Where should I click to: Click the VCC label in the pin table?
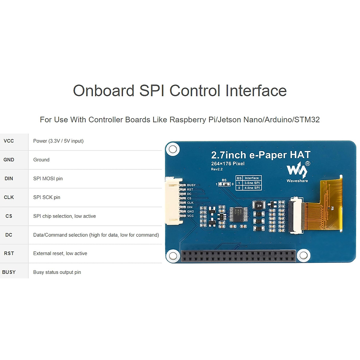[x=9, y=141]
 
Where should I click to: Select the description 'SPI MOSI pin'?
[x=48, y=178]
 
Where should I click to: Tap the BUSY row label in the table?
[x=9, y=272]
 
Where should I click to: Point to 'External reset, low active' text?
[x=60, y=253]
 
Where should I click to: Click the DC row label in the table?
[x=9, y=235]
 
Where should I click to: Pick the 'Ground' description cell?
[x=41, y=160]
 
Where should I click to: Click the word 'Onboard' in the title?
[x=103, y=91]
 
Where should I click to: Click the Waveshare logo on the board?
[x=297, y=171]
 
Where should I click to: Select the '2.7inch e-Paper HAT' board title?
[x=261, y=155]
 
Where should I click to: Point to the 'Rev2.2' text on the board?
[x=217, y=169]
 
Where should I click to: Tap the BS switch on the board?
[x=224, y=184]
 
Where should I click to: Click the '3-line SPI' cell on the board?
[x=252, y=183]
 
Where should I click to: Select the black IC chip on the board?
[x=239, y=214]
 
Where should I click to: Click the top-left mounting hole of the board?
[x=173, y=149]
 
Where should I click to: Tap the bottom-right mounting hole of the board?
[x=303, y=256]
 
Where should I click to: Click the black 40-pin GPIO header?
[x=238, y=256]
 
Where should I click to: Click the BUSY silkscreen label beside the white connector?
[x=191, y=185]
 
